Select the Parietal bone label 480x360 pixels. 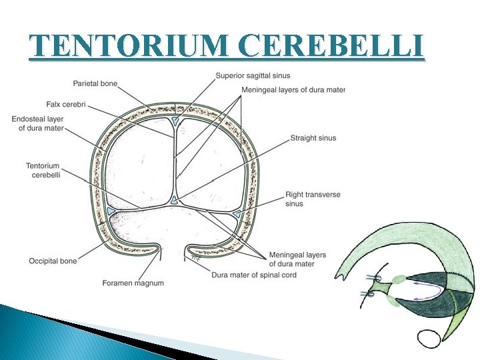pyautogui.click(x=95, y=83)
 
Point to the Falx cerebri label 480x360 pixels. pyautogui.click(x=67, y=105)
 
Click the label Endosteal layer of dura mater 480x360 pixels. pyautogui.click(x=37, y=123)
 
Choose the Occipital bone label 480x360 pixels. pyautogui.click(x=53, y=261)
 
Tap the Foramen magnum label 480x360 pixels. pyautogui.click(x=133, y=283)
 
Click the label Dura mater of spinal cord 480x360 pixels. pyautogui.click(x=254, y=275)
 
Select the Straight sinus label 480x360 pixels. pyautogui.click(x=313, y=138)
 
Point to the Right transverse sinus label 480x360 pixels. pyautogui.click(x=312, y=199)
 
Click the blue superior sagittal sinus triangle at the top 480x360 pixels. pyautogui.click(x=174, y=121)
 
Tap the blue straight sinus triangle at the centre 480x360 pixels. pyautogui.click(x=174, y=200)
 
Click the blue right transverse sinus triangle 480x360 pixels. pyautogui.click(x=237, y=214)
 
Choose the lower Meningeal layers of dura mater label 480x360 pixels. pyautogui.click(x=297, y=259)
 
